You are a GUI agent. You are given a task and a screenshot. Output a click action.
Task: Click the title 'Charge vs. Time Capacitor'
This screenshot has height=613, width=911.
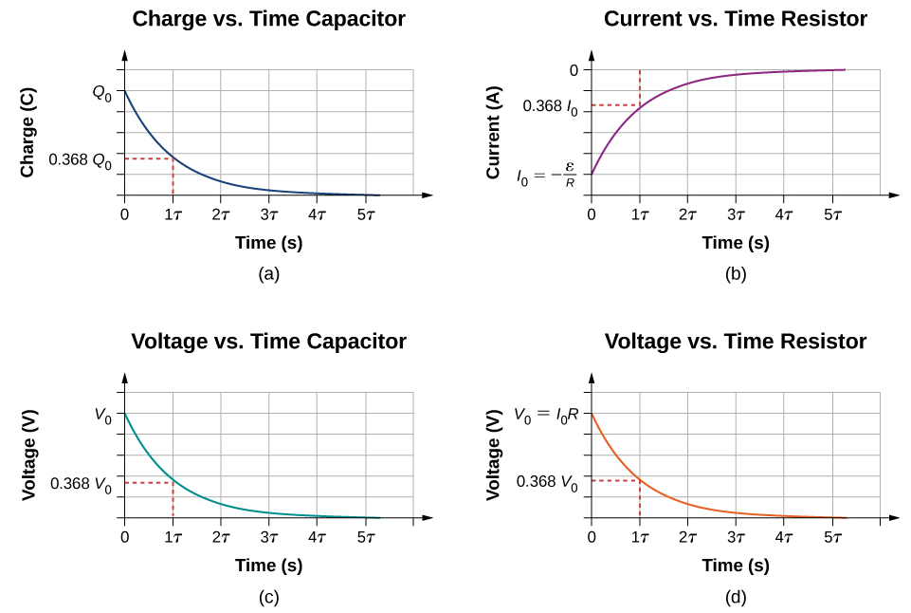click(268, 19)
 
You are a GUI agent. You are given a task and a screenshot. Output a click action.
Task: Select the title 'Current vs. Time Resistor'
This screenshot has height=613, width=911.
click(735, 19)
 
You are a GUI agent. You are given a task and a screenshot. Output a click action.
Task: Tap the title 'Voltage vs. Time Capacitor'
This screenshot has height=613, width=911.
click(268, 342)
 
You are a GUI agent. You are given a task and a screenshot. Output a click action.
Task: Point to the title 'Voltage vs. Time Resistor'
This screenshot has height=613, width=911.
click(735, 342)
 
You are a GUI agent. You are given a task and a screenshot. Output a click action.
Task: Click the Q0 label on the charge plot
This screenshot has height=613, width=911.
click(101, 92)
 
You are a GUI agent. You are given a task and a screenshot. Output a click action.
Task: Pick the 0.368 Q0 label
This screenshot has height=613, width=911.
click(80, 160)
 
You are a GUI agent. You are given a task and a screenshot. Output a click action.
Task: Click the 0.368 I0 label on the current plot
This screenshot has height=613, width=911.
click(551, 107)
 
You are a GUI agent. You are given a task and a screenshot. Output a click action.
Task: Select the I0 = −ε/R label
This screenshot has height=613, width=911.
click(547, 176)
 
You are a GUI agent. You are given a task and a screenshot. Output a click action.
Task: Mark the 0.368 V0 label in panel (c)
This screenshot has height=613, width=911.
click(80, 484)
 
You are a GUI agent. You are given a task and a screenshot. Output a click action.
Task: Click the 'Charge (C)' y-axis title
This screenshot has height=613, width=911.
click(29, 133)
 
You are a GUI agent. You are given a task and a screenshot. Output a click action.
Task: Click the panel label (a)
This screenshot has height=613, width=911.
click(268, 274)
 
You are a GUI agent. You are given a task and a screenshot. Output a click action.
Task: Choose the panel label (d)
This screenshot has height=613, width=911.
click(735, 597)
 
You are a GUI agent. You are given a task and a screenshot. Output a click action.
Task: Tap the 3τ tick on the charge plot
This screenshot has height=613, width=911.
click(269, 214)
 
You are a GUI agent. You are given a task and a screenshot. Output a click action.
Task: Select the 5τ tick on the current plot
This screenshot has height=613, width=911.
click(832, 214)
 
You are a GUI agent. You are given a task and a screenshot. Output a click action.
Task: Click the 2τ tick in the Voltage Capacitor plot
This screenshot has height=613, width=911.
click(221, 537)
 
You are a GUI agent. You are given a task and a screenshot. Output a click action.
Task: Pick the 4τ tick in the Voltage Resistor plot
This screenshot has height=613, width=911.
click(784, 537)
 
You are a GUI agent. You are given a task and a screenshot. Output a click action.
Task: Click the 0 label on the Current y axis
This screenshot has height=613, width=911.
click(574, 70)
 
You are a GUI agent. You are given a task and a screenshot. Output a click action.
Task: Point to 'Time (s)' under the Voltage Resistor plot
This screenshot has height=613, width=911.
click(735, 566)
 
